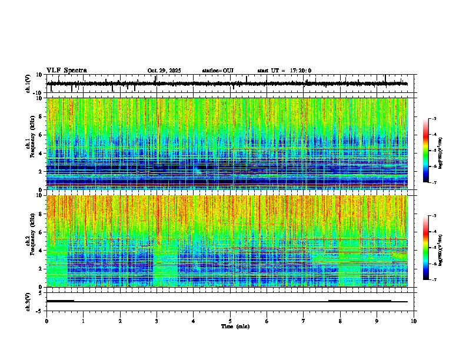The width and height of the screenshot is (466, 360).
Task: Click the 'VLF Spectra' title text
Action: pyautogui.click(x=66, y=71)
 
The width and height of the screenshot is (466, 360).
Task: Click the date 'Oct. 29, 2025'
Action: pyautogui.click(x=164, y=71)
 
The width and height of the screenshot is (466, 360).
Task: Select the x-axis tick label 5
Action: pyautogui.click(x=230, y=321)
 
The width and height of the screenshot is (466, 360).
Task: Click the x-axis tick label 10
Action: pyautogui.click(x=414, y=321)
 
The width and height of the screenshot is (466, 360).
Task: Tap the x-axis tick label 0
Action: pyautogui.click(x=46, y=321)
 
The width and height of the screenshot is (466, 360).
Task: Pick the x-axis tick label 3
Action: pyautogui.click(x=157, y=321)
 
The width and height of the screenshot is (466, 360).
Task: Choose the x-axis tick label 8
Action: pyautogui.click(x=340, y=321)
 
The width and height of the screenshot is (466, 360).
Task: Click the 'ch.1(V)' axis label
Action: pyautogui.click(x=28, y=84)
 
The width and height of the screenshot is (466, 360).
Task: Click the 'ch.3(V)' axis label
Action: pyautogui.click(x=28, y=301)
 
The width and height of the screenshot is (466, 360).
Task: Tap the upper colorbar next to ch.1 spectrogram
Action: pyautogui.click(x=426, y=151)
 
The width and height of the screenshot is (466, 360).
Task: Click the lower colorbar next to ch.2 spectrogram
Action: pyautogui.click(x=426, y=247)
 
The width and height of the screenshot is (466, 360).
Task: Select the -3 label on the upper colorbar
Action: pyautogui.click(x=433, y=119)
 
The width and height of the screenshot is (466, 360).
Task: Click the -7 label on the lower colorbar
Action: pyautogui.click(x=433, y=279)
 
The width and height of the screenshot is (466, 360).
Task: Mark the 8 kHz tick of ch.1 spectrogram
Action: pyautogui.click(x=42, y=116)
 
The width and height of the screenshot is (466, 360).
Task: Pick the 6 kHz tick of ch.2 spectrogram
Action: pyautogui.click(x=42, y=232)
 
